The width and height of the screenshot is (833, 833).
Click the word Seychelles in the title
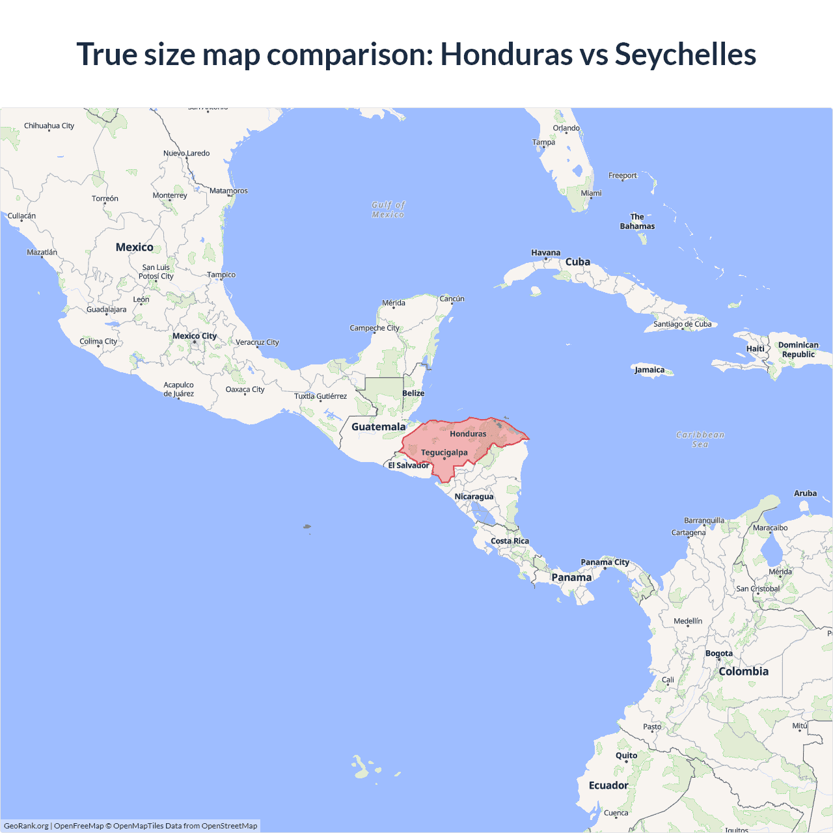point(685,54)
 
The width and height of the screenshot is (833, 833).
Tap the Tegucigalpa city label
point(444,452)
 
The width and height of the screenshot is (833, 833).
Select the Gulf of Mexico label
point(389,210)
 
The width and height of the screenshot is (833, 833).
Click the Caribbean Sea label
point(700,439)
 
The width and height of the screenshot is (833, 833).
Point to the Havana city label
point(545,253)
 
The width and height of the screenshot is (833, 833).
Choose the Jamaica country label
point(649,370)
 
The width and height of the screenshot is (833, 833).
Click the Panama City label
point(605,562)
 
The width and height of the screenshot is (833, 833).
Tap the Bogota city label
point(719,653)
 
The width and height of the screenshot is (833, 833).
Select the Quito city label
point(627,756)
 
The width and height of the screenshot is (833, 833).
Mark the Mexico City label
point(195,336)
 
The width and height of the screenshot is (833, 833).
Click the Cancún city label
point(452,299)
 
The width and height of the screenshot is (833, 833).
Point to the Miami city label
point(591,193)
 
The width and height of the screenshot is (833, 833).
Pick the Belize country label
point(413,393)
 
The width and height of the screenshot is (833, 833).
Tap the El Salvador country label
point(409,465)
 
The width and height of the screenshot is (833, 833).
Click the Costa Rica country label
point(510,541)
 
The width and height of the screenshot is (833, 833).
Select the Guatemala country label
point(378,427)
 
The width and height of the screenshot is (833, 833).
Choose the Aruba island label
point(805,493)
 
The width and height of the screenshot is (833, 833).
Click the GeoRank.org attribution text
point(26,826)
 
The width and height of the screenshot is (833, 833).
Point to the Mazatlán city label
point(42,252)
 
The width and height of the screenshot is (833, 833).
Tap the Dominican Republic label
point(799,349)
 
